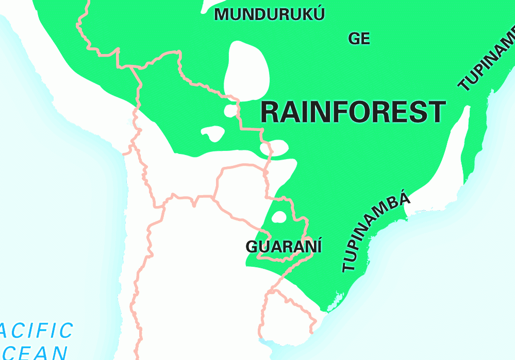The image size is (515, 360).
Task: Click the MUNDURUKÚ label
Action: pyautogui.click(x=270, y=14)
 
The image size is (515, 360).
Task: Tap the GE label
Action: pyautogui.click(x=359, y=39)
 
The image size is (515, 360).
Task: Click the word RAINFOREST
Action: pyautogui.click(x=353, y=112)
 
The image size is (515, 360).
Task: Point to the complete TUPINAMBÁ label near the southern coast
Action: pyautogui.click(x=376, y=232)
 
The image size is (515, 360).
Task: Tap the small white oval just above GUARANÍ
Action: pyautogui.click(x=279, y=217)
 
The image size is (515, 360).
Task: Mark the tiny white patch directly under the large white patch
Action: pyautogui.click(x=230, y=111)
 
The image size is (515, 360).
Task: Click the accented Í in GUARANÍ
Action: pyautogui.click(x=318, y=246)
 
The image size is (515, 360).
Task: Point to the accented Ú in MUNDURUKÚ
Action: pyautogui.click(x=319, y=13)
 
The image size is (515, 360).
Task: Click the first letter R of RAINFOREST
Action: pyautogui.click(x=271, y=112)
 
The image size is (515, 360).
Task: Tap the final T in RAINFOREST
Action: pyautogui.click(x=436, y=112)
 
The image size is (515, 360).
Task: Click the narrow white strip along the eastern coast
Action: pyautogui.click(x=456, y=149)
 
